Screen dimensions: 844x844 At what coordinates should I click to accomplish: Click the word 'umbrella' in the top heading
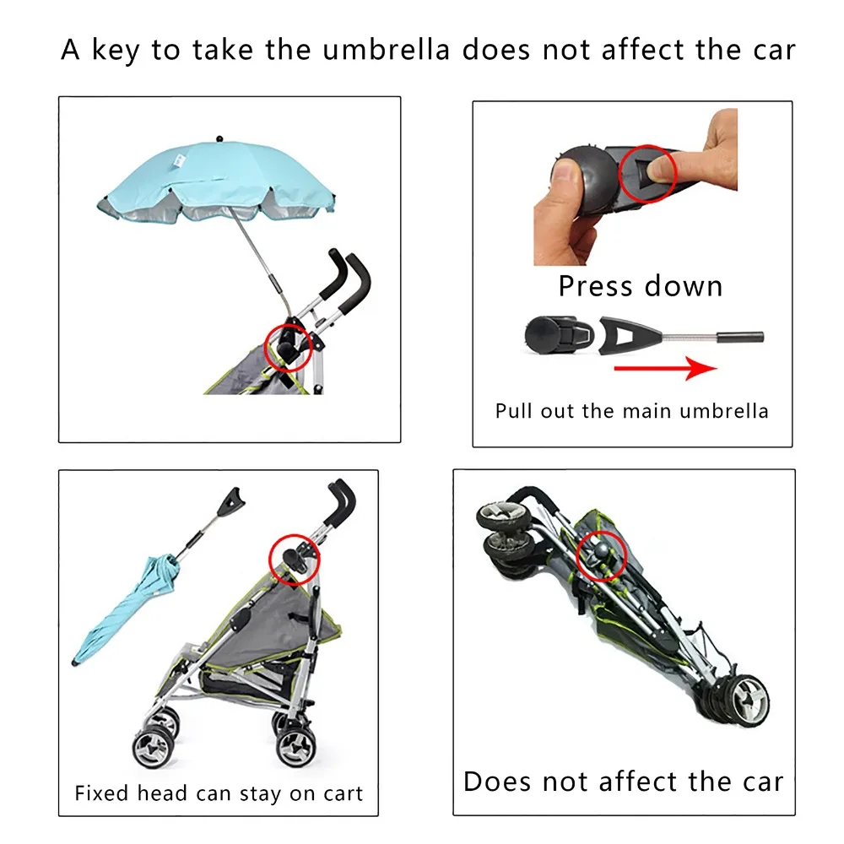pyautogui.click(x=386, y=50)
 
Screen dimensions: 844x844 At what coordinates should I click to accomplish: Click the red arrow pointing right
pyautogui.click(x=665, y=368)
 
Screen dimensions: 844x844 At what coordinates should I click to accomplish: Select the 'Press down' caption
pyautogui.click(x=640, y=286)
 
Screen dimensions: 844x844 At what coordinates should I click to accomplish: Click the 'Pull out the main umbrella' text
pyautogui.click(x=632, y=411)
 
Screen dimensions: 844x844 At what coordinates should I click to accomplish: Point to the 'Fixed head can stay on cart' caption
pyautogui.click(x=219, y=793)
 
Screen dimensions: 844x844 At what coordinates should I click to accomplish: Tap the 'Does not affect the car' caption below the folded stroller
pyautogui.click(x=624, y=782)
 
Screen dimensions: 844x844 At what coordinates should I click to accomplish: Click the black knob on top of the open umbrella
pyautogui.click(x=219, y=139)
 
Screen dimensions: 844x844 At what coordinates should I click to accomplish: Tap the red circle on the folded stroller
pyautogui.click(x=601, y=556)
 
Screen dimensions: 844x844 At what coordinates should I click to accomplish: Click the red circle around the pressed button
pyautogui.click(x=647, y=173)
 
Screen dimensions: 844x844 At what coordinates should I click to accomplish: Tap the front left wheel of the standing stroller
pyautogui.click(x=153, y=747)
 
